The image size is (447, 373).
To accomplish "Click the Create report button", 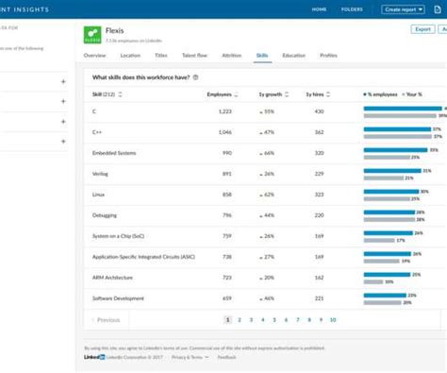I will point(403,9).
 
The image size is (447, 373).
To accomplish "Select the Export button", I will point(422,29).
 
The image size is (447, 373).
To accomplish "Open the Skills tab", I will point(262,56).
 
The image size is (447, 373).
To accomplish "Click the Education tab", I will point(293,56).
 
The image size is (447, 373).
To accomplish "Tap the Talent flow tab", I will point(196,56).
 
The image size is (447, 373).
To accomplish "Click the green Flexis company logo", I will point(92,34).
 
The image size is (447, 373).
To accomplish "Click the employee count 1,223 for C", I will point(223,111).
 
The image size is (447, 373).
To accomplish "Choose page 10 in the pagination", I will point(332,320).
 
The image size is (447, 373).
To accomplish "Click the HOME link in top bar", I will point(320,9).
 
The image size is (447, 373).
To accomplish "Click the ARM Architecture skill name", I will point(111,278).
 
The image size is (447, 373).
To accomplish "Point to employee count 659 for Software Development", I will point(227,298).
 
